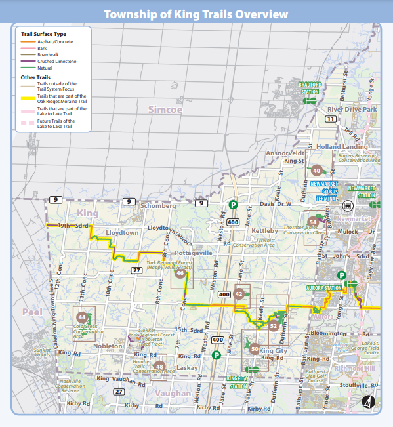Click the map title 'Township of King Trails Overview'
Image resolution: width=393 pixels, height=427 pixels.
196,14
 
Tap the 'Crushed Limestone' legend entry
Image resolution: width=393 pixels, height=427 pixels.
56,61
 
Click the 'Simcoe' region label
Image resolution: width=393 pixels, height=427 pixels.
165,110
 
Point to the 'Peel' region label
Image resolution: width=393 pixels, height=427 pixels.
31,312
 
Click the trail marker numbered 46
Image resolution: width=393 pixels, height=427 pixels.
179,274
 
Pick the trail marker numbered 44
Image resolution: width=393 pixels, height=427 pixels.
81,318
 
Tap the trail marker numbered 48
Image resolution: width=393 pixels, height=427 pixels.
159,366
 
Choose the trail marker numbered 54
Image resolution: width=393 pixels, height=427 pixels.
313,222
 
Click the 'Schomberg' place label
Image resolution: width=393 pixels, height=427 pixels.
158,205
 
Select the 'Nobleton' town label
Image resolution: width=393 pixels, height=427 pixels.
108,346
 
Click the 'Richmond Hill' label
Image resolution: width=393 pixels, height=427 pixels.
354,368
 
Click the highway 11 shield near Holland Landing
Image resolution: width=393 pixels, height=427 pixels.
331,119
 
